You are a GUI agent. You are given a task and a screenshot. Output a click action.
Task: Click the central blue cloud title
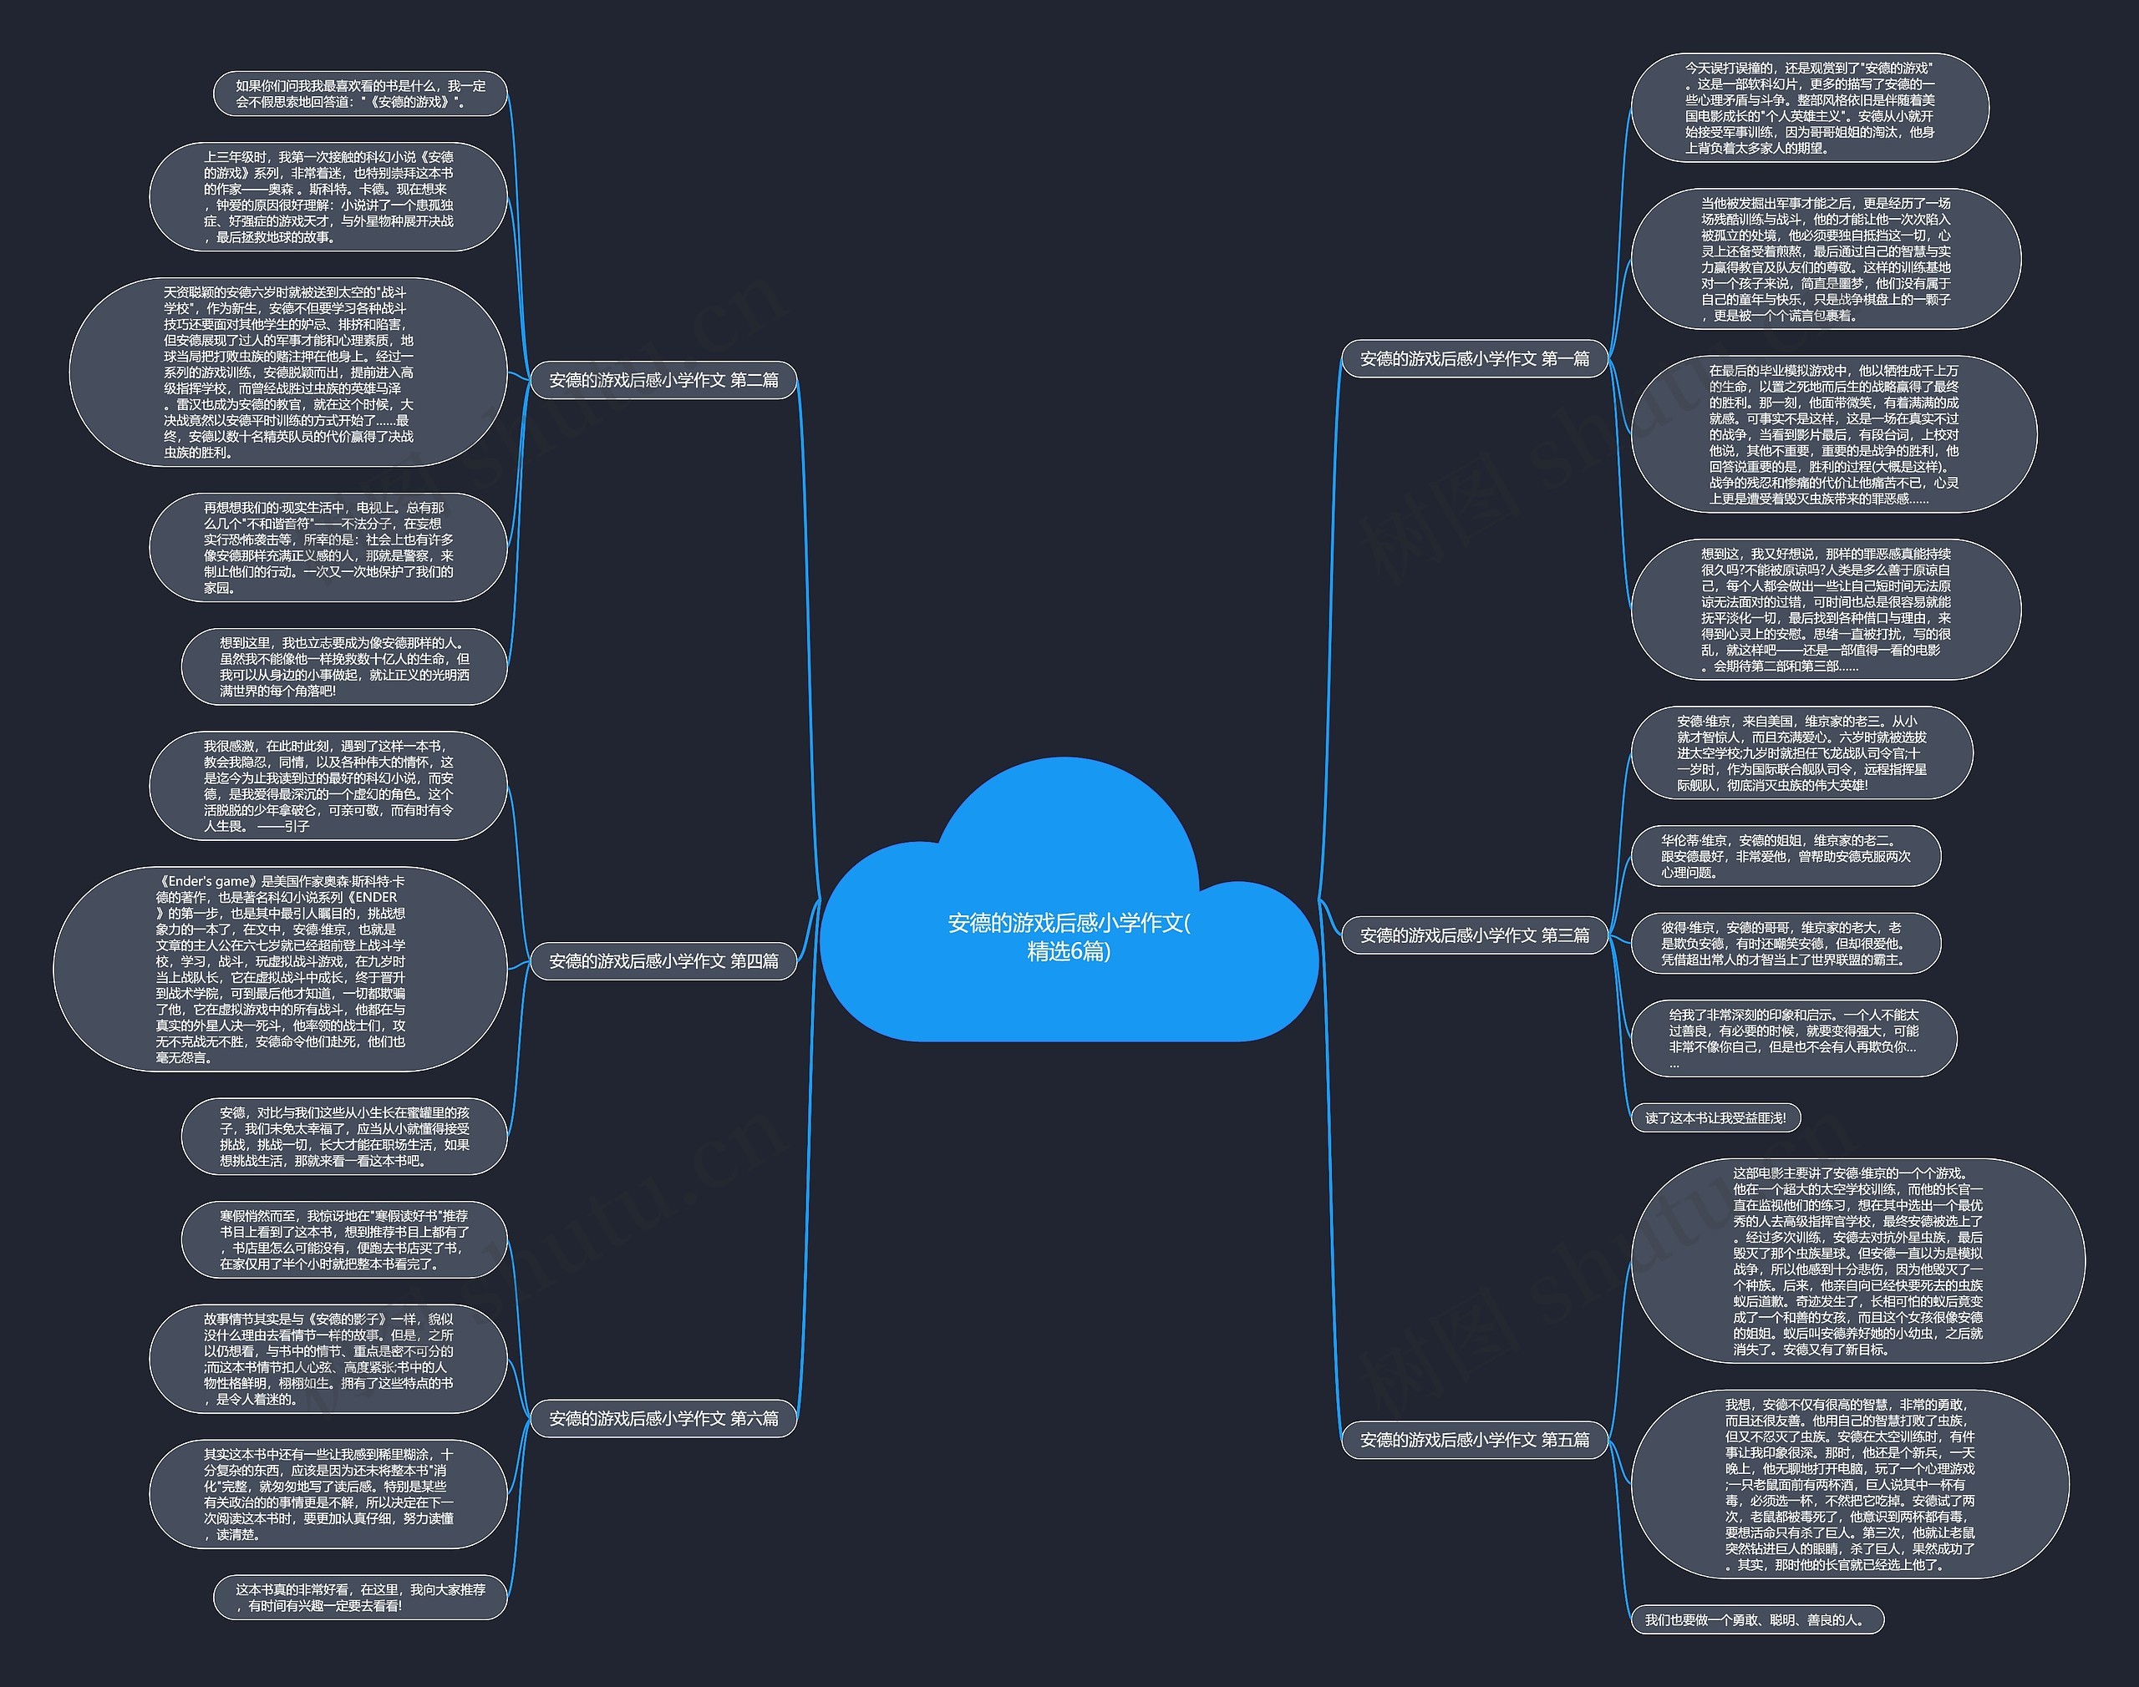(1069, 935)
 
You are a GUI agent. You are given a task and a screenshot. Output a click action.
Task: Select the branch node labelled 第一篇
(1474, 358)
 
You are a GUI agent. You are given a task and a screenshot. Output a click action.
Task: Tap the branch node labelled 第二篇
(663, 380)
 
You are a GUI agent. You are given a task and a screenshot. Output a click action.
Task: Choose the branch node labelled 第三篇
(1474, 935)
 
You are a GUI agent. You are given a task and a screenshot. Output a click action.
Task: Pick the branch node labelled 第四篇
(663, 961)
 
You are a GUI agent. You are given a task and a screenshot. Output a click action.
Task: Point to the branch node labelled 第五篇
(1474, 1440)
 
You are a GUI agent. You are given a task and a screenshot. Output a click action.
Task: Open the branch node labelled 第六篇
(663, 1418)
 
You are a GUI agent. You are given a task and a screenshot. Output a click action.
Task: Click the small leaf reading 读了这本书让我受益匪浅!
(1715, 1118)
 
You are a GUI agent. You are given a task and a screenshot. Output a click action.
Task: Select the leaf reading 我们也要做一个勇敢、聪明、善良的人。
(1755, 1620)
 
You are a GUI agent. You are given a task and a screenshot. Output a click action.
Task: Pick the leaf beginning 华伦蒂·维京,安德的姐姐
(1786, 856)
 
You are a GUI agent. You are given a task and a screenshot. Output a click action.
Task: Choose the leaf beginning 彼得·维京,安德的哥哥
(1786, 943)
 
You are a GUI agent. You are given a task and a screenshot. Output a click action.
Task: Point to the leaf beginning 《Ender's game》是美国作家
(281, 969)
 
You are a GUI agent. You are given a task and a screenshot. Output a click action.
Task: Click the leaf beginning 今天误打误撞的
(1809, 108)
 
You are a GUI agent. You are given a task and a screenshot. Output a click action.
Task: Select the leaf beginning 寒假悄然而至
(343, 1239)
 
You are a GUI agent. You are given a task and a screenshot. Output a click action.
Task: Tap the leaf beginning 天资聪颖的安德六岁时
(288, 372)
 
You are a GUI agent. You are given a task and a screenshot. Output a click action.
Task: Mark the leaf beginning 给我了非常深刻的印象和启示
(1793, 1038)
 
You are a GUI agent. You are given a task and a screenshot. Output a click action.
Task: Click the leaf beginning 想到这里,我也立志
(343, 666)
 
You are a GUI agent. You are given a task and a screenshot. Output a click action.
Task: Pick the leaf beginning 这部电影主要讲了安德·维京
(1857, 1261)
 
